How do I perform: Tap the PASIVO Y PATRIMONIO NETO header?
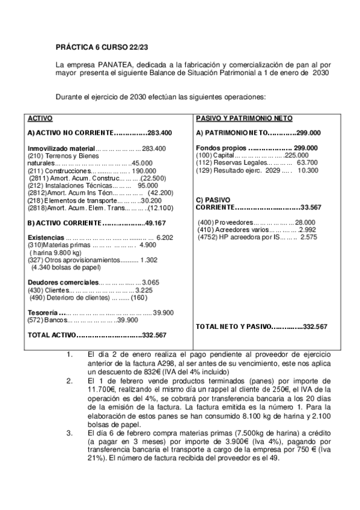(236, 118)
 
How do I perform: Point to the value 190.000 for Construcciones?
(144, 171)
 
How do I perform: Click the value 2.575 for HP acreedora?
(308, 237)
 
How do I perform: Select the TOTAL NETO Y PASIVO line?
(261, 326)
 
